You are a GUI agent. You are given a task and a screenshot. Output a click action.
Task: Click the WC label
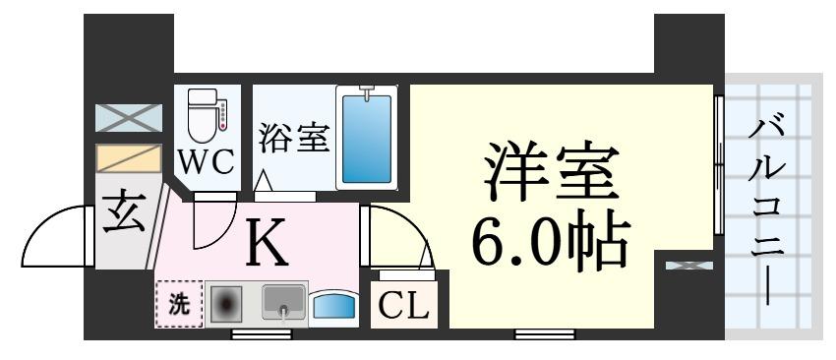pos(207,161)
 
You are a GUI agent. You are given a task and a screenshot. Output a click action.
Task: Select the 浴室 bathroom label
pos(292,138)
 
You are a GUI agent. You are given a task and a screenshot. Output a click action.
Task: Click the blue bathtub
pos(366,137)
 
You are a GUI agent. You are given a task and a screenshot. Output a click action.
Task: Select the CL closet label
pos(404,308)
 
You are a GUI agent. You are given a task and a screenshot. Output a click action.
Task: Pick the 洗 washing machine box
pos(178,304)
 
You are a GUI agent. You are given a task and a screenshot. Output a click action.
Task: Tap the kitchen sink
pos(283,303)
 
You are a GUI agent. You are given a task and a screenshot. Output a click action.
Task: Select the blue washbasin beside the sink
pos(333,307)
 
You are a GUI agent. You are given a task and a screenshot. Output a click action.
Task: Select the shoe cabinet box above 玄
pos(128,159)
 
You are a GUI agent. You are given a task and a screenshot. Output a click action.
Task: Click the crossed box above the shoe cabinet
pos(128,118)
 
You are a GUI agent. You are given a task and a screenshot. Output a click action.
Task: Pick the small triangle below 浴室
pos(263,182)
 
